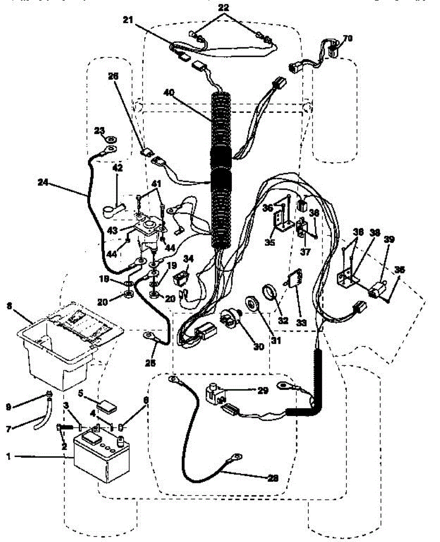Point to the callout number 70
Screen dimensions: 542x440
tap(348, 38)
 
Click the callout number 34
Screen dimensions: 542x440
tap(188, 258)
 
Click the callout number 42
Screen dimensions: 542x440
tap(117, 168)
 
